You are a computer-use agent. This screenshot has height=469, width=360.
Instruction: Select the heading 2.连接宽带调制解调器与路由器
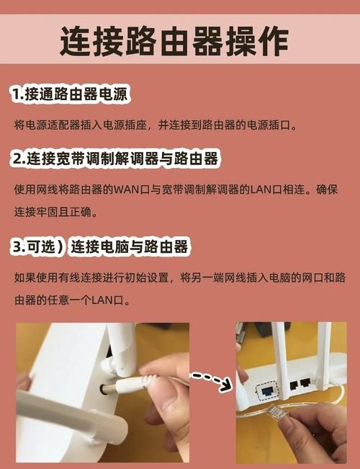(x=114, y=158)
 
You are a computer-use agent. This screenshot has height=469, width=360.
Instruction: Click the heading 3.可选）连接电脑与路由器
(x=100, y=247)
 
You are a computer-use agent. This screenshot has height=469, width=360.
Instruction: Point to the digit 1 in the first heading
(x=15, y=95)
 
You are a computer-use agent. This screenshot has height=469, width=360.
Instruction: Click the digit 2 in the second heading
(x=16, y=158)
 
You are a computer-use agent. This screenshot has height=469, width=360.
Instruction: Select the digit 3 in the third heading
(x=17, y=248)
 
